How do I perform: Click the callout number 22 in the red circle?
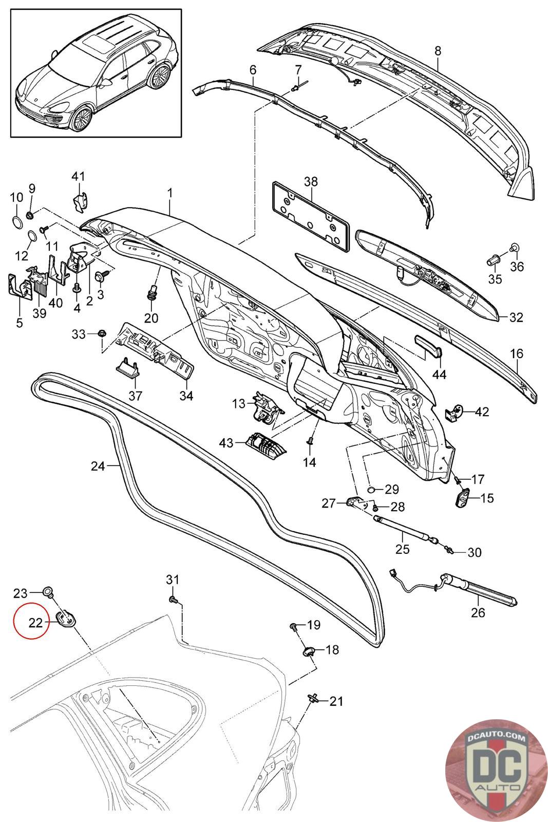35,623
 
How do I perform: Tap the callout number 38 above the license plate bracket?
311,181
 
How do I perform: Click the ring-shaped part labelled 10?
16,222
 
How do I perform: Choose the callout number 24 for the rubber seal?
98,466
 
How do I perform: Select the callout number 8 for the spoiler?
438,51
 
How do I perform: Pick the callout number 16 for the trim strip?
517,353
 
